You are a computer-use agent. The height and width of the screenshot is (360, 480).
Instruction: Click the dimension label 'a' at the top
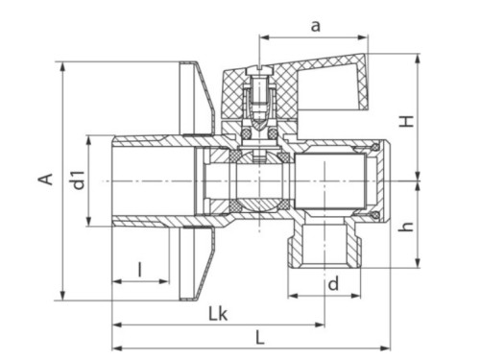[x=316, y=26]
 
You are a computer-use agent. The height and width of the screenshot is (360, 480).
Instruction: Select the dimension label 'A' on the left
[x=46, y=179]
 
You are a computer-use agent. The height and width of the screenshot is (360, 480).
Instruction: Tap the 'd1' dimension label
[x=79, y=180]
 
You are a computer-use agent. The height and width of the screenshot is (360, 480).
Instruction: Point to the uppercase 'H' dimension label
[x=407, y=121]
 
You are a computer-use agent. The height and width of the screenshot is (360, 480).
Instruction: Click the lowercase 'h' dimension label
[x=407, y=227]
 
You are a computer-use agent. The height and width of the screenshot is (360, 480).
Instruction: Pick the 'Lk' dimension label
[x=218, y=314]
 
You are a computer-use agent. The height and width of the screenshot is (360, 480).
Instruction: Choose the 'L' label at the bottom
[x=260, y=338]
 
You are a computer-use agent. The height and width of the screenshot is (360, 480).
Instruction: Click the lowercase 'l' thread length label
[x=139, y=270]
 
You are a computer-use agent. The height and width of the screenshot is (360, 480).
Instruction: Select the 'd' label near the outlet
[x=333, y=283]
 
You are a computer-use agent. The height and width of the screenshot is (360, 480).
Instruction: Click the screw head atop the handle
[x=259, y=68]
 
